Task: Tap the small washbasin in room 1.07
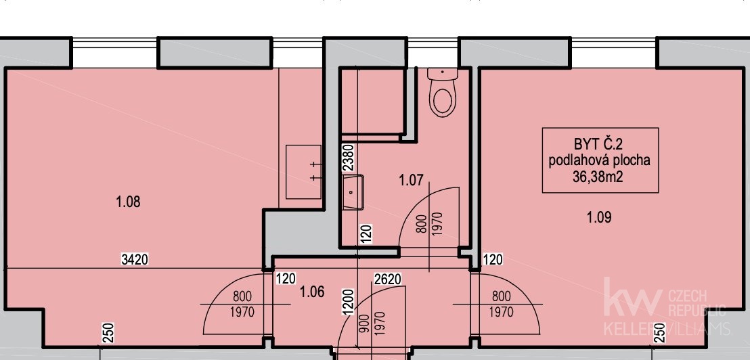353,192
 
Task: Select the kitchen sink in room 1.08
304,172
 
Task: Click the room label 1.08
128,202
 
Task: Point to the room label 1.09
599,217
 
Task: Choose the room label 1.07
412,180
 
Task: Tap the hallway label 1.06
312,291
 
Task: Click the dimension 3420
135,260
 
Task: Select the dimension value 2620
387,279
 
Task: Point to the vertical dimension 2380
348,158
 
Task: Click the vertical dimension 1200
348,302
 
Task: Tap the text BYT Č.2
599,144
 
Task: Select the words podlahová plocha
599,160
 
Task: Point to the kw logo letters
632,298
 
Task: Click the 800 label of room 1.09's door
501,296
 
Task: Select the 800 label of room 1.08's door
242,296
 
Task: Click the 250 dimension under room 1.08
108,333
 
